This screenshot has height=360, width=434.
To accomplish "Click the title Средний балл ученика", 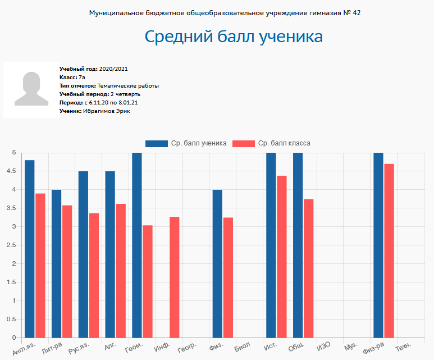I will point(234,37).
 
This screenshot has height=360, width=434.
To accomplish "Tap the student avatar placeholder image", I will point(31,90).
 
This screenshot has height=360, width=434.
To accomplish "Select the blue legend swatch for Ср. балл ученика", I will point(157,143).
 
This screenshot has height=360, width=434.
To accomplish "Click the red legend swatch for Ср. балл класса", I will point(244,143).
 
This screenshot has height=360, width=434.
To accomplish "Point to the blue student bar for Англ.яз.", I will point(30,249).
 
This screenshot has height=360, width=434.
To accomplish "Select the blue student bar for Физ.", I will point(217,263).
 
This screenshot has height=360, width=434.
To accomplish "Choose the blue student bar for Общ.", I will point(298,245).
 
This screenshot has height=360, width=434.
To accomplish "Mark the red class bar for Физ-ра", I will point(389,250).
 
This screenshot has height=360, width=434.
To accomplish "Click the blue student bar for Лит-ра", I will point(57,263).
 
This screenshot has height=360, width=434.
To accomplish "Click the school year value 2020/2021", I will point(114,69).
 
